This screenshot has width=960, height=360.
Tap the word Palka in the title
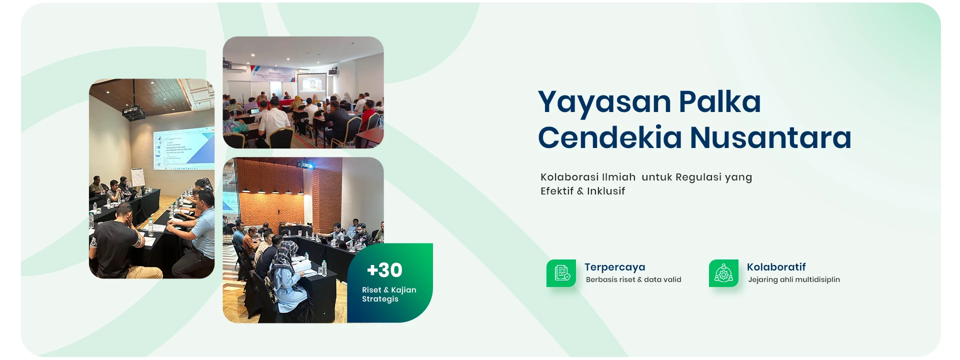[720, 101]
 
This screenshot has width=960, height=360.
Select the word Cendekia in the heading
[609, 137]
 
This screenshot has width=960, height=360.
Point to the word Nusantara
[770, 137]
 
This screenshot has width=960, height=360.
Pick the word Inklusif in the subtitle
[606, 191]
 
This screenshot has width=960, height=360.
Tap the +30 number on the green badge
[384, 270]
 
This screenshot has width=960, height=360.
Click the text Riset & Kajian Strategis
[389, 294]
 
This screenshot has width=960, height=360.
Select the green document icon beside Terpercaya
[561, 273]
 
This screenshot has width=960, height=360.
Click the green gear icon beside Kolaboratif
[723, 273]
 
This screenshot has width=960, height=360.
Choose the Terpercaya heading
[615, 267]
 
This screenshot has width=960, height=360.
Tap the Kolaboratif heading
[776, 267]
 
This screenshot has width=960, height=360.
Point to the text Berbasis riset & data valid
[633, 280]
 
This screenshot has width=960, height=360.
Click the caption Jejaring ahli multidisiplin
[794, 280]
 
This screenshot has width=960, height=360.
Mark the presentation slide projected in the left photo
[184, 148]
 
